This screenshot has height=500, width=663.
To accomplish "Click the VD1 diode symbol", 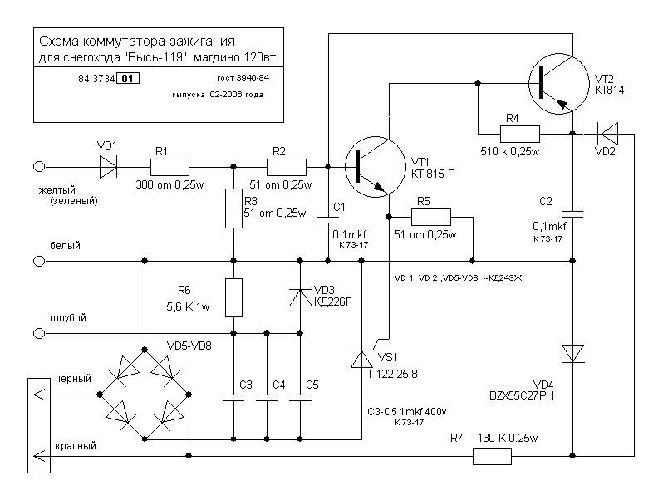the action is point(108,167).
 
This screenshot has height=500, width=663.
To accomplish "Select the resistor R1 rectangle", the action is point(170,167).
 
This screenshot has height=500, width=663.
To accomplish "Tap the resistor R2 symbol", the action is point(287,167).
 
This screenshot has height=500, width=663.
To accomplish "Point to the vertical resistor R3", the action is point(233,208).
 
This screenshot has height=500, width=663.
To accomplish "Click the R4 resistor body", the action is point(520,134).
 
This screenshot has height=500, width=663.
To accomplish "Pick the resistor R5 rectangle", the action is point(431,217).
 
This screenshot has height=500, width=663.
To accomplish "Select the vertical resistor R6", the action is point(233,297).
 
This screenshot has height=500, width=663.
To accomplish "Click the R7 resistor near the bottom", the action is point(492,457).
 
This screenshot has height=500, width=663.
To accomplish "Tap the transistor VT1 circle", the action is point(376,166).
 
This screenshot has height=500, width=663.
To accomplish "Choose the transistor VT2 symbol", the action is point(559,84).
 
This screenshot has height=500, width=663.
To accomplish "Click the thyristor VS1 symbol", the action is point(362,360).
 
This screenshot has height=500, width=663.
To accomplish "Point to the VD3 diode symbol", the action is point(300,297).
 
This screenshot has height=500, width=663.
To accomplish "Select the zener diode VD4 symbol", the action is point(572,353).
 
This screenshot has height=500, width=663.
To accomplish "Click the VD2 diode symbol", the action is point(607,134).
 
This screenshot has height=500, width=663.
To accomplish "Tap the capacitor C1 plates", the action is point(327,219).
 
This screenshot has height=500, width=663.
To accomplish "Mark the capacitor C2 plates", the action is point(572,213).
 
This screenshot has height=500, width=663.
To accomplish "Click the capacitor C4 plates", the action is point(267,397).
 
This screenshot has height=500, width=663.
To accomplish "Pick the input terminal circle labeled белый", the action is point(39,261).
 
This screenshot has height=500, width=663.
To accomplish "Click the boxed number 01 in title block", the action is point(128,79).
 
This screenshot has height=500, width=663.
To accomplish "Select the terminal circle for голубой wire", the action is point(39,334).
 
